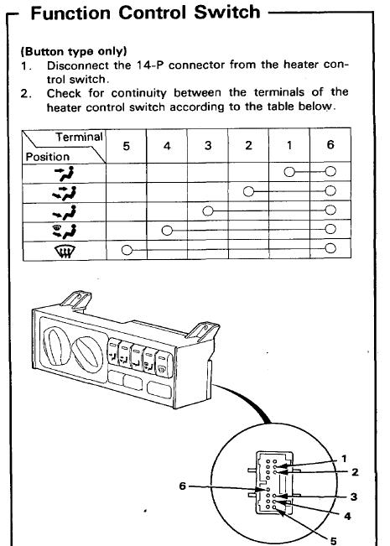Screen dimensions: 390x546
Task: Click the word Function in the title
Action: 70,13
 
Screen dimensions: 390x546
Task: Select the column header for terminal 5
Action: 126,146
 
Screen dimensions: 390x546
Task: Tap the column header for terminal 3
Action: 208,145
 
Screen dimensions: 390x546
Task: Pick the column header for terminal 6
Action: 330,144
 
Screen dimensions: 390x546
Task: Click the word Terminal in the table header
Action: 80,137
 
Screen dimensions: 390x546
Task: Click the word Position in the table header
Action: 48,157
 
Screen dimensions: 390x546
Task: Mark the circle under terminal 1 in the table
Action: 289,172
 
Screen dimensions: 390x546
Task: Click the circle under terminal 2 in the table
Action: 248,191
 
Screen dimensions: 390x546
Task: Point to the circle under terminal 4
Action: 167,230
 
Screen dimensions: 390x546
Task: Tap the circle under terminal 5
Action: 127,250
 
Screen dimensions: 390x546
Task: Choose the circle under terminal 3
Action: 208,211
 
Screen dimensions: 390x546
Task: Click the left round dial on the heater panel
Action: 55,346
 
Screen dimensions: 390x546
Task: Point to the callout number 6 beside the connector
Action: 183,486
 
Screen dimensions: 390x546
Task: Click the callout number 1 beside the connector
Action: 344,459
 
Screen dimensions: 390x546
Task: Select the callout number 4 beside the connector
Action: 347,516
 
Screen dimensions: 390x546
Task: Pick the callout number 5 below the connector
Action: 334,541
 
